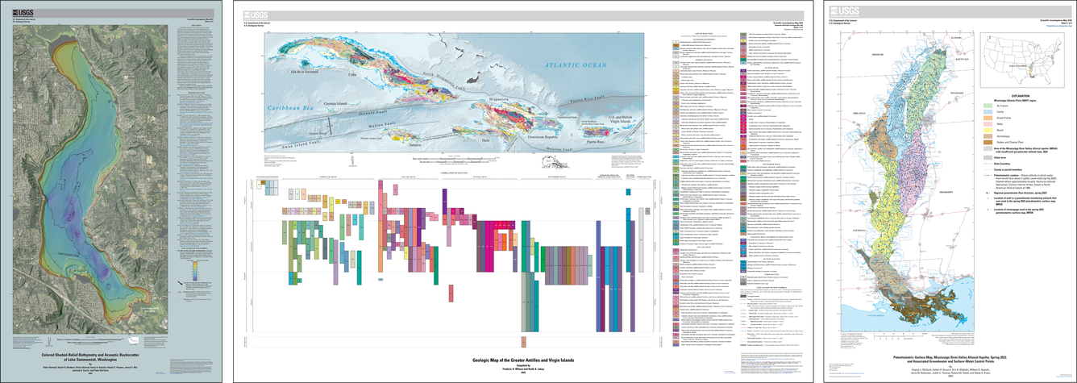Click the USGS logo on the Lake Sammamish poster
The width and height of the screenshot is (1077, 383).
23,10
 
